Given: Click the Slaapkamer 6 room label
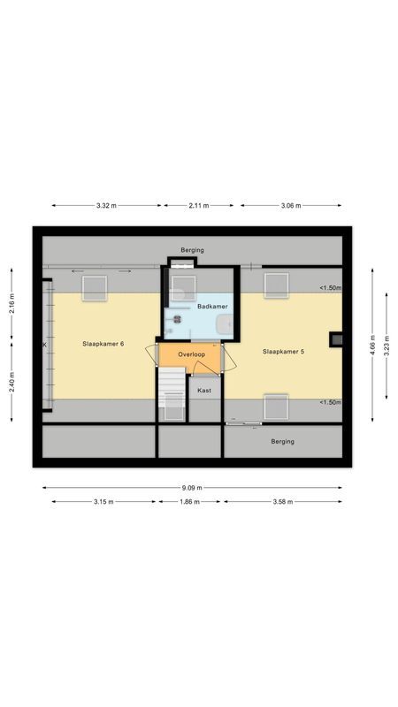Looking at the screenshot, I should tap(103, 343).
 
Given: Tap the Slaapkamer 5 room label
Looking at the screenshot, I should tap(283, 352).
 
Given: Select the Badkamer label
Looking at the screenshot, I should tap(212, 307).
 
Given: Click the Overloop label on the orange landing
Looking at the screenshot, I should tap(191, 354).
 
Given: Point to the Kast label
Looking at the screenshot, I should tap(204, 390).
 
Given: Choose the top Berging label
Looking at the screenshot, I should tap(192, 250).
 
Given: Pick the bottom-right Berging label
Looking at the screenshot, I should tap(282, 441).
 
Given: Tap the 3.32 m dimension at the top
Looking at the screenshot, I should tap(107, 206).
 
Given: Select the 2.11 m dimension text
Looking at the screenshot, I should tap(199, 206).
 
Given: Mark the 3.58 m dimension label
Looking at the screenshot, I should tap(283, 502).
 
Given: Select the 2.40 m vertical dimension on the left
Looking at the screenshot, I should tap(11, 381).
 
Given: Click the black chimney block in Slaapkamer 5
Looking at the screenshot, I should tap(336, 339).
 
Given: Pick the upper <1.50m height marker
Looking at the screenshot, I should tap(330, 288).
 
